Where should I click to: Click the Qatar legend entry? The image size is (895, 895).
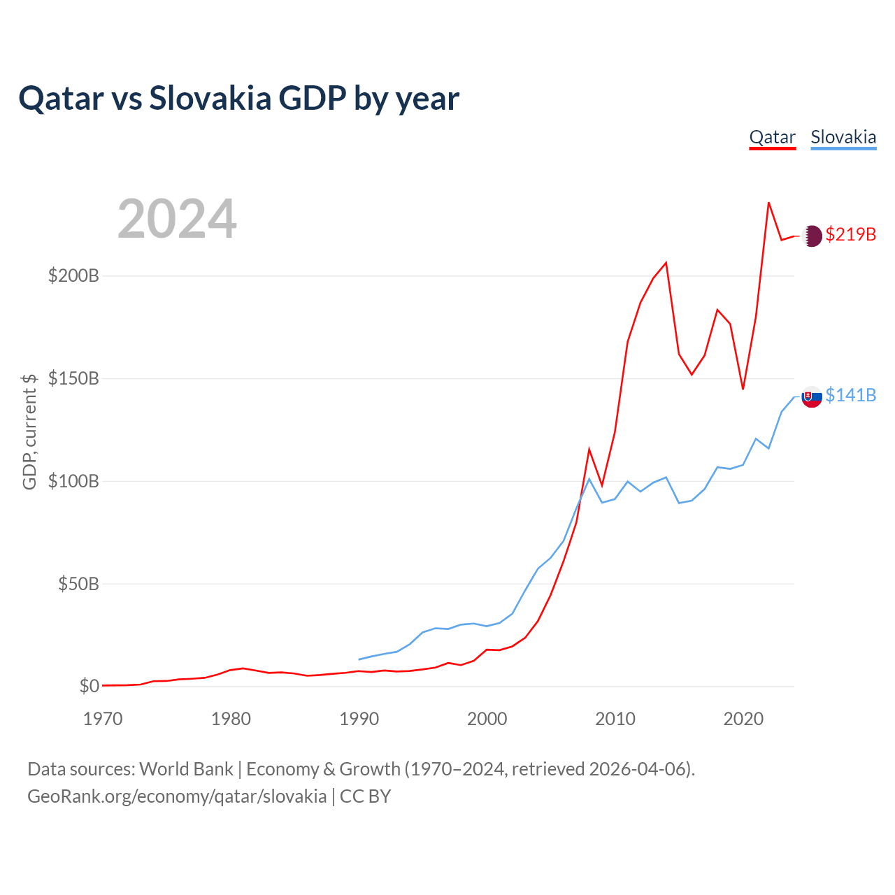point(772,137)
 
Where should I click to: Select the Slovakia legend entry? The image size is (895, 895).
point(843,137)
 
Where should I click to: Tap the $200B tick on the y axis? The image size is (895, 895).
point(73,275)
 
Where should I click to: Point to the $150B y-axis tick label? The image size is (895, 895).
point(73,378)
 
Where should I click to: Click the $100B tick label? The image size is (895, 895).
point(73,481)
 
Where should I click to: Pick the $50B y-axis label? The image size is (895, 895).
point(78,584)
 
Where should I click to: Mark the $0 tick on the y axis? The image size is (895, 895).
point(89,686)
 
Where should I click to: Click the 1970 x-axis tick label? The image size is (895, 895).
point(103,719)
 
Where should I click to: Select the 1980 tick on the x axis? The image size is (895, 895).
point(231,719)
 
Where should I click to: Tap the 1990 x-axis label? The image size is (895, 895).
point(359,719)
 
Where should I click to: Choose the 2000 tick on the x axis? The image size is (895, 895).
point(487,719)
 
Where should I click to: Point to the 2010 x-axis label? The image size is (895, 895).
point(615,719)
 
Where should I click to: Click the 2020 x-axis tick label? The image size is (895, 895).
point(743,719)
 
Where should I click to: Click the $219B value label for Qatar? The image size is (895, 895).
point(850,234)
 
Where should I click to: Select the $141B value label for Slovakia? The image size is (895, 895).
point(850,395)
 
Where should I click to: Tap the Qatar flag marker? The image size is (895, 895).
point(811,236)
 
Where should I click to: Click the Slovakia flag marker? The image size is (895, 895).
point(811,397)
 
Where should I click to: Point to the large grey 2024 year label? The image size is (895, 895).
point(177,219)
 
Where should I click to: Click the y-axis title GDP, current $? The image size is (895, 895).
point(29,431)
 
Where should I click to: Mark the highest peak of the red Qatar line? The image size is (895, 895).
point(768,203)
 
